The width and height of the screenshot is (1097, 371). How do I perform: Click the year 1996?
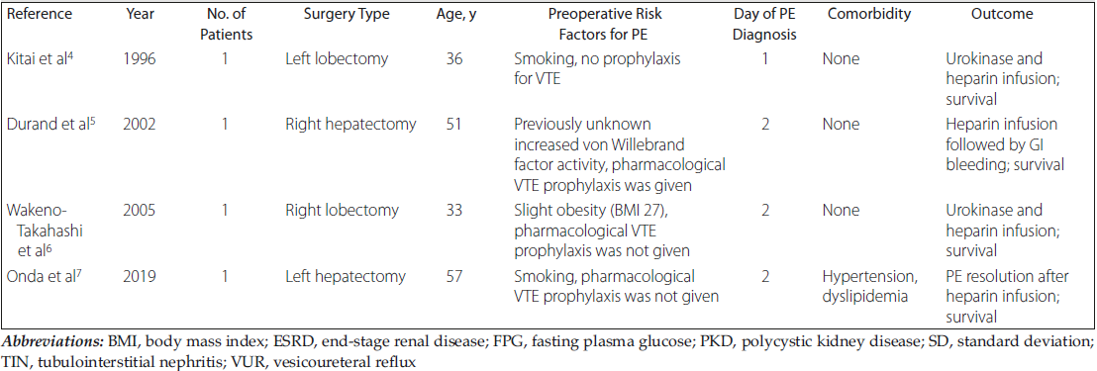click(139, 61)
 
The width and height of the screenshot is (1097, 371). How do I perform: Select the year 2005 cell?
click(139, 211)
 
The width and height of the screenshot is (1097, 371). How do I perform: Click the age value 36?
click(454, 61)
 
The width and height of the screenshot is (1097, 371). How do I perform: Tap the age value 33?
click(454, 211)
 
